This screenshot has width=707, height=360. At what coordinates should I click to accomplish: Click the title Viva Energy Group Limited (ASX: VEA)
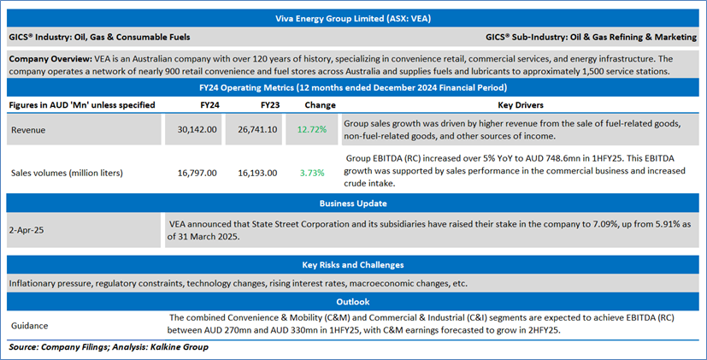click(x=353, y=17)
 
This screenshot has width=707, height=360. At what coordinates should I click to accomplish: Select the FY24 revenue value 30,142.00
click(x=196, y=129)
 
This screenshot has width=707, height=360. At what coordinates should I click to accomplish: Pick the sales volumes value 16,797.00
click(x=196, y=173)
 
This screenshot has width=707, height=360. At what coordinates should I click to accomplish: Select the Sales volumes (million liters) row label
click(x=67, y=173)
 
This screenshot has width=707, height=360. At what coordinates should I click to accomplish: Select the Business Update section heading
click(x=353, y=204)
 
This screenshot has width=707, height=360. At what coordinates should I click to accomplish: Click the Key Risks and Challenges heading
click(x=353, y=265)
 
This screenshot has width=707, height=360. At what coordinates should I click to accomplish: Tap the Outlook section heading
click(x=353, y=301)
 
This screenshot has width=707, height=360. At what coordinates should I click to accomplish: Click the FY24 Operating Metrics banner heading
click(x=353, y=88)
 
